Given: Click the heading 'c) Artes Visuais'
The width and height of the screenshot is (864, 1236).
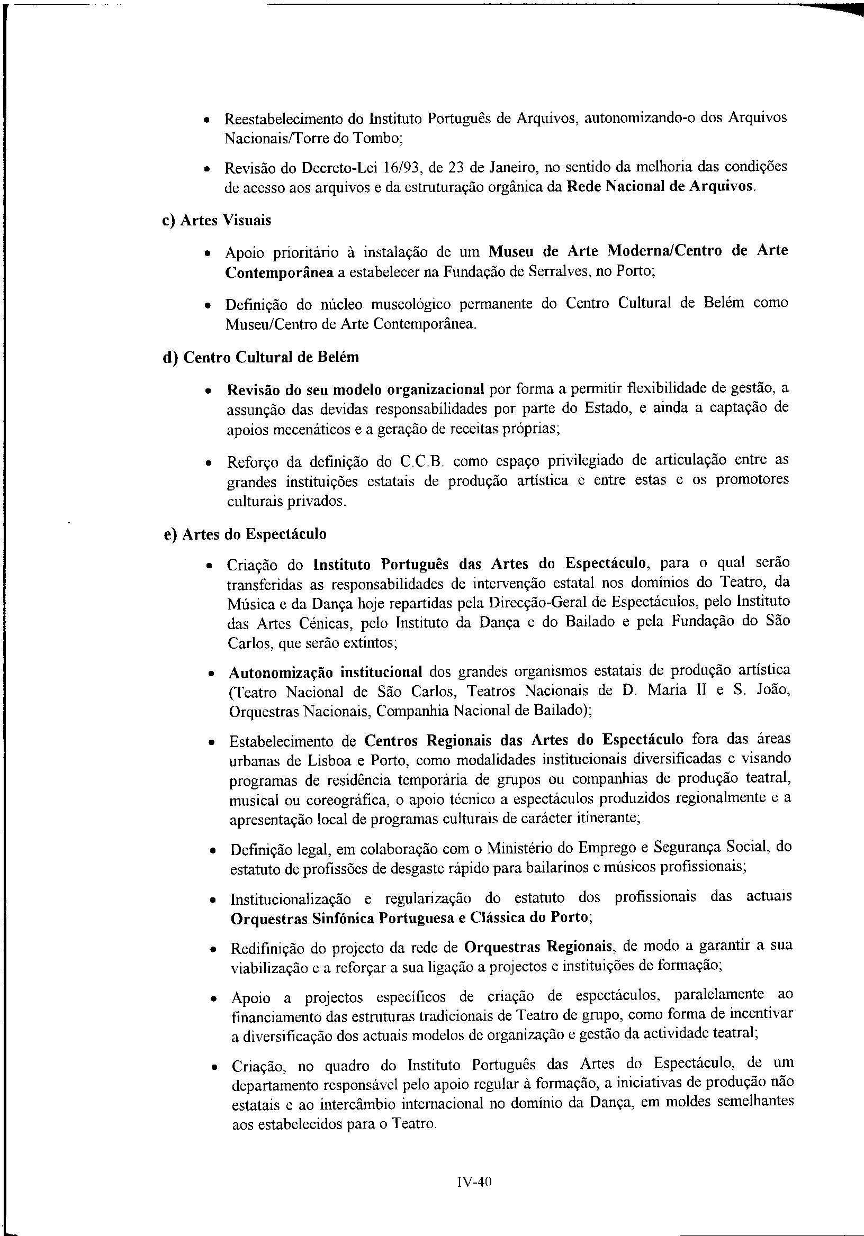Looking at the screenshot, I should click(217, 220).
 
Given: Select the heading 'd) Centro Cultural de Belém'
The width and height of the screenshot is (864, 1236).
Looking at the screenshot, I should click(260, 358).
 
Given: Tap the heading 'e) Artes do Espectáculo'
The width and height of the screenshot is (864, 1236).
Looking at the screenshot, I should click(245, 534).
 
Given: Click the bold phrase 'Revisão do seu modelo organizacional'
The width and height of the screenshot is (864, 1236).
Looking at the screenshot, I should click(356, 389).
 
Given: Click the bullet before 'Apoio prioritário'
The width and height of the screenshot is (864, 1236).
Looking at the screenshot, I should click(208, 253).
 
